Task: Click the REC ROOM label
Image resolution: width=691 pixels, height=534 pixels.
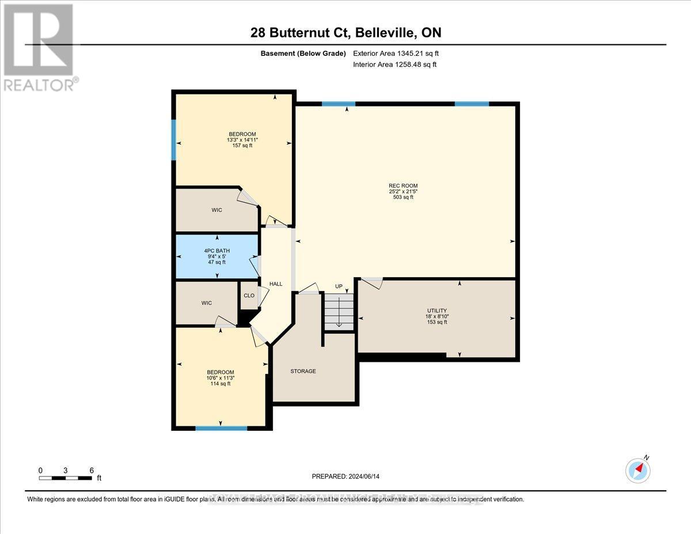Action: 403,185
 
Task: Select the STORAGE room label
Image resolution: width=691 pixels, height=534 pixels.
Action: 303,371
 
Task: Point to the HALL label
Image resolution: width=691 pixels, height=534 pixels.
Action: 276,284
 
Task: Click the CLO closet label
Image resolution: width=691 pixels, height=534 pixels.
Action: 249,296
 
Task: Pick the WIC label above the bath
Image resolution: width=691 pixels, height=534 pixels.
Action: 217,210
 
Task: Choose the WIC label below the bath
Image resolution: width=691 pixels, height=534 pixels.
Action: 207,302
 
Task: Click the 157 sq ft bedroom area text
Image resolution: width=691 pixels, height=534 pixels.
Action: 242,146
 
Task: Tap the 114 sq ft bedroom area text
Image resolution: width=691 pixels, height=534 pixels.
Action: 221,384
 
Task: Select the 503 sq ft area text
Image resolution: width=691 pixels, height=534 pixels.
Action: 403,198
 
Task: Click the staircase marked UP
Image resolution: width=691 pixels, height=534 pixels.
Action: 339,312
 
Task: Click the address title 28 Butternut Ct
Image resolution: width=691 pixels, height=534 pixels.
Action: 346,33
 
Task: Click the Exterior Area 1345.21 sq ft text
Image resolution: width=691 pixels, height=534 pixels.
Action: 400,54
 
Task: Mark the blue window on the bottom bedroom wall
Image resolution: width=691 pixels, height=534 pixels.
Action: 221,428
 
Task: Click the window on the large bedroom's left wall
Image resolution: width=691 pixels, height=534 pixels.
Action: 173,139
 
